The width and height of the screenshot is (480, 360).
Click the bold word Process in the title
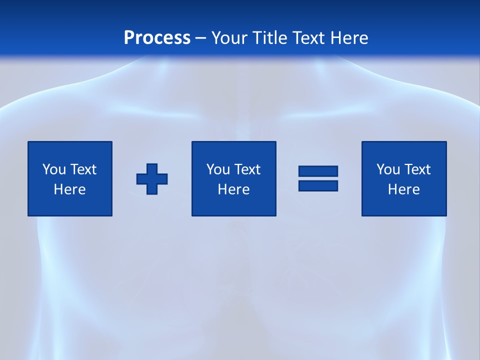(x=157, y=38)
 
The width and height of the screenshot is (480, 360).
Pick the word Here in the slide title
(x=350, y=38)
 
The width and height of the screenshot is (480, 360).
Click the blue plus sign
(x=152, y=178)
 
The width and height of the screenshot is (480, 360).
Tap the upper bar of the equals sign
(x=318, y=171)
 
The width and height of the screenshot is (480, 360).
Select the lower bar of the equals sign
(x=318, y=185)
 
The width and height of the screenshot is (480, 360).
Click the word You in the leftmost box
(x=53, y=169)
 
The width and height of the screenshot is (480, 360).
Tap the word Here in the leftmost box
(x=69, y=189)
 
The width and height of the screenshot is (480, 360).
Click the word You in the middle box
(x=217, y=169)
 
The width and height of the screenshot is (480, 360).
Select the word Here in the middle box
(x=233, y=189)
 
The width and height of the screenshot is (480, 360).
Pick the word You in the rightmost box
(x=387, y=169)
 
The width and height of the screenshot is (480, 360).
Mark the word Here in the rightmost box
(x=403, y=189)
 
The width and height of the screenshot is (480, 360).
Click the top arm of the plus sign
(x=152, y=168)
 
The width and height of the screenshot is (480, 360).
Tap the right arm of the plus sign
(x=162, y=178)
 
